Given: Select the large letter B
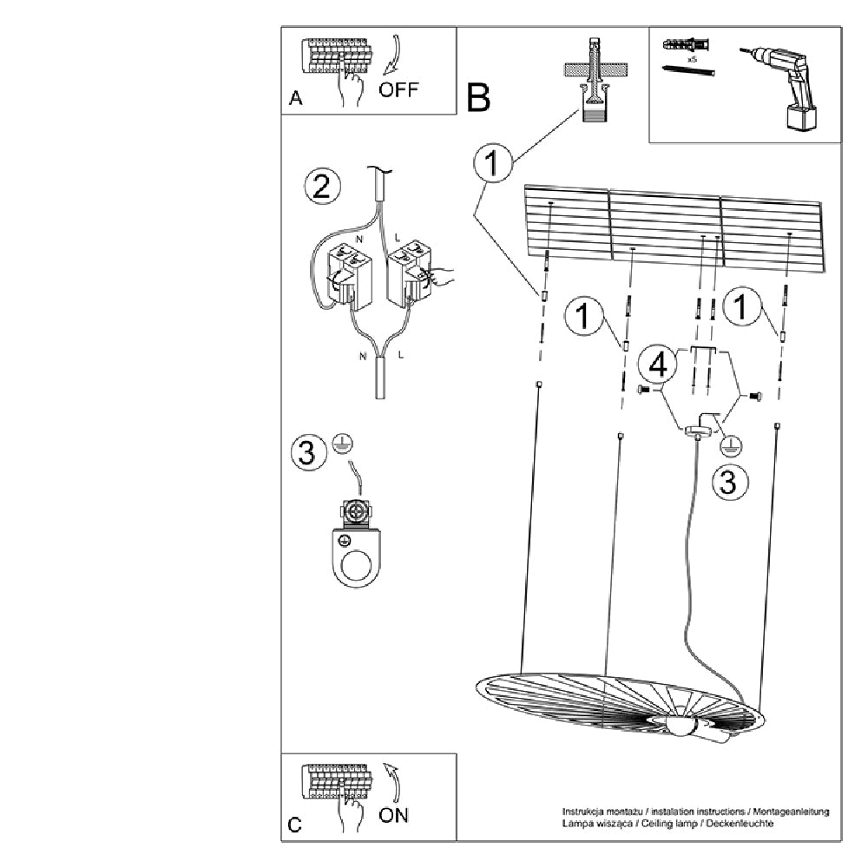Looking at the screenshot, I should (x=478, y=98).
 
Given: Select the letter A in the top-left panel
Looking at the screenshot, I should (x=296, y=100).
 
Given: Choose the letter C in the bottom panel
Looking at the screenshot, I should (x=296, y=825).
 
